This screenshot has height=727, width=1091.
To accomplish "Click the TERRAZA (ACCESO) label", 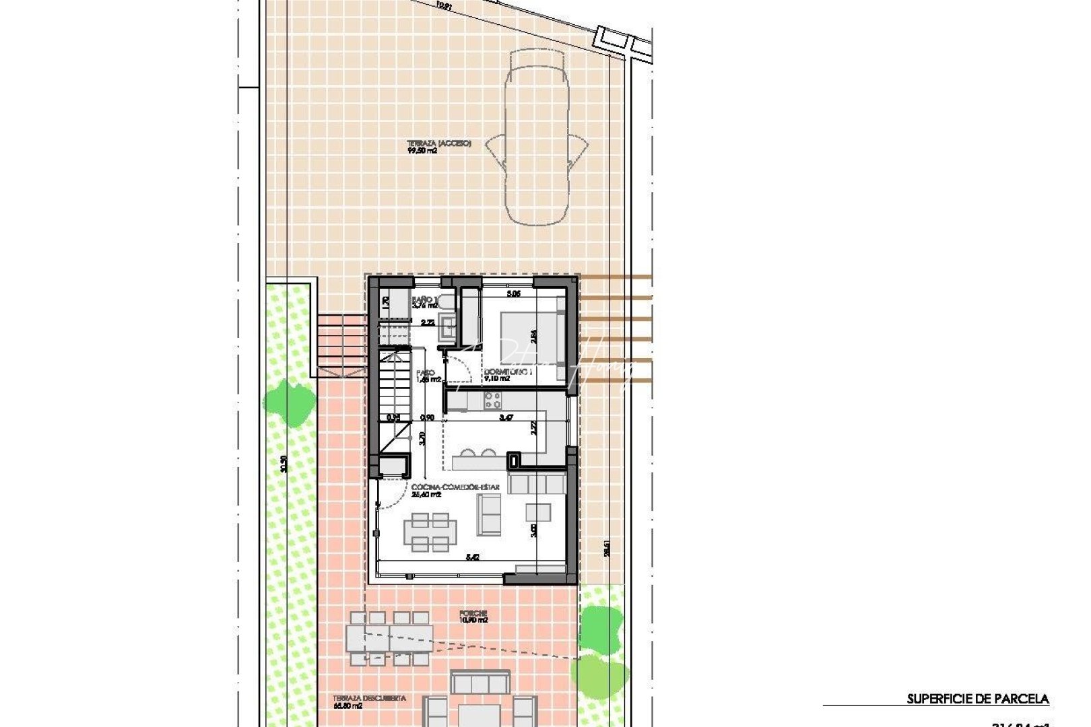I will click(x=438, y=144).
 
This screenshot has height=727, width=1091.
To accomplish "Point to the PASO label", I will click(x=425, y=372).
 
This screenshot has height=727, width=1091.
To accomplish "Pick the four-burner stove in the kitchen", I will click(x=493, y=402).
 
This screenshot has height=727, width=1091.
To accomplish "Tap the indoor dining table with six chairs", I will click(x=431, y=532).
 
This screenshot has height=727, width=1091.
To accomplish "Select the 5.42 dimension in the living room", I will click(x=473, y=557).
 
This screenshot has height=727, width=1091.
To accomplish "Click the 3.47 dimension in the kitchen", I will click(x=506, y=418).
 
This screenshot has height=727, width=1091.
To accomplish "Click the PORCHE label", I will click(x=473, y=613).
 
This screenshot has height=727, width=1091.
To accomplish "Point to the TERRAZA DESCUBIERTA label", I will click(x=369, y=699).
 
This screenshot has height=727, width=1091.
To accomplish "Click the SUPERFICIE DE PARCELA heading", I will click(x=977, y=699).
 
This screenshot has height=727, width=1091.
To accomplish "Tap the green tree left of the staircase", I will click(x=289, y=402).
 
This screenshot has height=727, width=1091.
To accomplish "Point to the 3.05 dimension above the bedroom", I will click(x=513, y=293).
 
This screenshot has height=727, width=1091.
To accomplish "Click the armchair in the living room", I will click(x=538, y=512).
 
